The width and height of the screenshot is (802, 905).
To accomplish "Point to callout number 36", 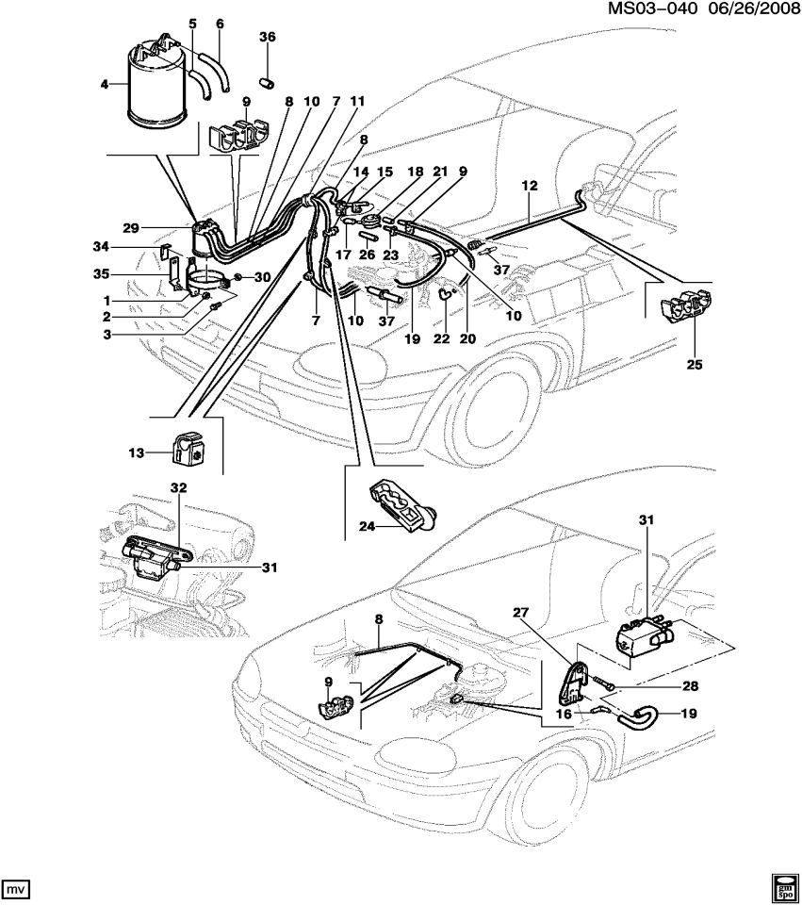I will tap(267, 37).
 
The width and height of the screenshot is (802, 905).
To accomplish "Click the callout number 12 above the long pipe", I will tap(529, 189).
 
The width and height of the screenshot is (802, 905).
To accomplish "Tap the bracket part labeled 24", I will tap(398, 507).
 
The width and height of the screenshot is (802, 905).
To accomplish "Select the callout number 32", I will tap(179, 487).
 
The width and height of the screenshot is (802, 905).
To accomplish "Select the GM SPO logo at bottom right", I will tap(783, 885).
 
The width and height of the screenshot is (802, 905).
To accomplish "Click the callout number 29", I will tap(131, 228).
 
